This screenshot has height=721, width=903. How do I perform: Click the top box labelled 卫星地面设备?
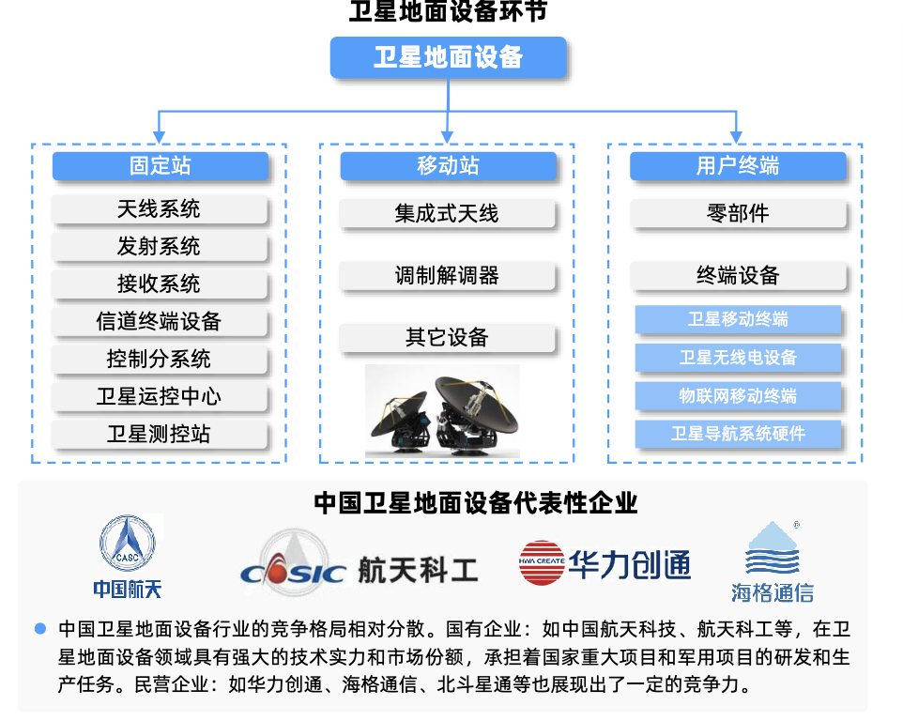448,57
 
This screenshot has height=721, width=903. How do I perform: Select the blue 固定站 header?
160,166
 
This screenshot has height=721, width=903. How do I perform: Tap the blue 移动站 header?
448,166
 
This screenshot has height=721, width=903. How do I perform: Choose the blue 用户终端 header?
737,166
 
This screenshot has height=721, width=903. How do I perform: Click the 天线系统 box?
160,209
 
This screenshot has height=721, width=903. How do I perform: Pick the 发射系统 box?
160,247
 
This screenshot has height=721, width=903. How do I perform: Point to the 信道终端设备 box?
160,322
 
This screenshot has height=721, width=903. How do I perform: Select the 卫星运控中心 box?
160,397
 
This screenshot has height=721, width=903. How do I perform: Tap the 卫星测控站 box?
160,435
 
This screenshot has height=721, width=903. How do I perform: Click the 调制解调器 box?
448,276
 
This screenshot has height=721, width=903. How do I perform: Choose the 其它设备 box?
448,338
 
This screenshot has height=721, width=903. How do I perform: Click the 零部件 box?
737,214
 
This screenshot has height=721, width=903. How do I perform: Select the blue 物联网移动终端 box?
737,396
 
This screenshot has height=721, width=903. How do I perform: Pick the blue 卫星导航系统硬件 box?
737,434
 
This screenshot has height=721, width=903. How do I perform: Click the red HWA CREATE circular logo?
542,563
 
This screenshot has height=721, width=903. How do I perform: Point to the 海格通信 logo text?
772,592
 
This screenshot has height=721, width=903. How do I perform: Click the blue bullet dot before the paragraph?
39,628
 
